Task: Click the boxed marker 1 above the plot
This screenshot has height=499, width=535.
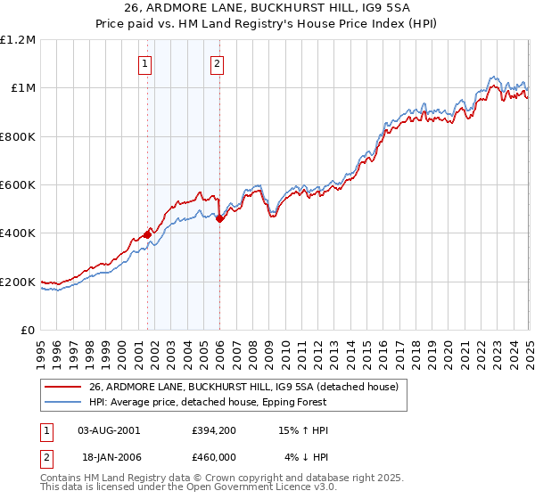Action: tap(144, 62)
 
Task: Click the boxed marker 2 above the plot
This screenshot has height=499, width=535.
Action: tap(217, 62)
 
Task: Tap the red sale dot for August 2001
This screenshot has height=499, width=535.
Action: tap(147, 234)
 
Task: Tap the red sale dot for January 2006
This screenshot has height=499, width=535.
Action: tap(220, 218)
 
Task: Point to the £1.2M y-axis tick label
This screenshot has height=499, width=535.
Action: tap(18, 40)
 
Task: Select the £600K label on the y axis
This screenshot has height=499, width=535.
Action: tap(18, 185)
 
